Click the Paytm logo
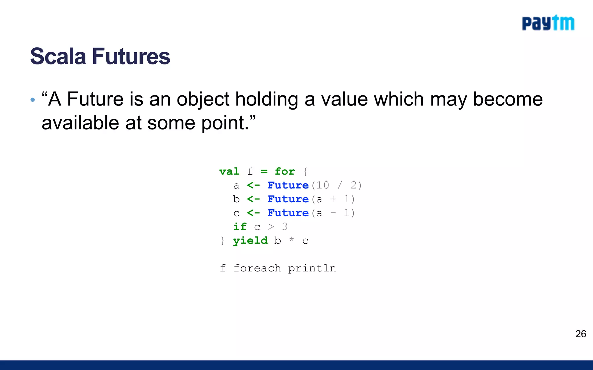click(548, 23)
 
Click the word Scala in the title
click(58, 56)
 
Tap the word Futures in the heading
click(131, 56)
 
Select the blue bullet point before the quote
click(33, 100)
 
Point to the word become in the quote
click(508, 99)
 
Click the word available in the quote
click(80, 123)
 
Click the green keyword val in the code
click(229, 171)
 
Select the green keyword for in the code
click(285, 171)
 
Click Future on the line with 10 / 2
click(288, 185)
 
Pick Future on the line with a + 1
click(288, 199)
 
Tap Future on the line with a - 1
click(288, 213)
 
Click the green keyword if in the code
click(240, 227)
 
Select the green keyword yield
click(250, 241)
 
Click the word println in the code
click(312, 269)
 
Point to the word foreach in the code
click(257, 268)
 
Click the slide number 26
click(581, 334)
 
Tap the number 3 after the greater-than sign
click(285, 227)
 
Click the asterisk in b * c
click(292, 239)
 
